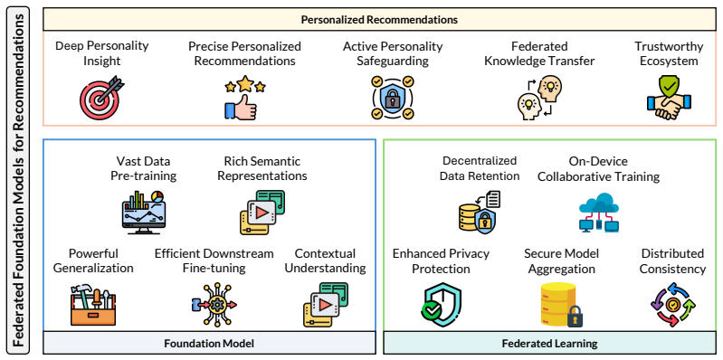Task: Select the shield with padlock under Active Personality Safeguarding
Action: [393, 99]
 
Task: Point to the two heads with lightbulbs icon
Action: [539, 99]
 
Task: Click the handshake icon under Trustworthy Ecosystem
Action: [669, 99]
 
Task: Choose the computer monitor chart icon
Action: [143, 210]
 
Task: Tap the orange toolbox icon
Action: [93, 305]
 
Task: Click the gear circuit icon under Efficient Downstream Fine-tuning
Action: [214, 305]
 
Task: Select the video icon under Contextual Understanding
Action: [326, 305]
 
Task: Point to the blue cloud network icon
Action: [598, 212]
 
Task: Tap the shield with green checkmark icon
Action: [442, 305]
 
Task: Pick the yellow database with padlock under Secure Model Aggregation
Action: [561, 305]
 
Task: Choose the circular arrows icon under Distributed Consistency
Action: [673, 305]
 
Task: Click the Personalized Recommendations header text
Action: [379, 20]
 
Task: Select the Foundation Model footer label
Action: [209, 344]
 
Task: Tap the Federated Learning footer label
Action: [549, 344]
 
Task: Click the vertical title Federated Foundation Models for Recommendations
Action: [17, 180]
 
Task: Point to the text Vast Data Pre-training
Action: [143, 169]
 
